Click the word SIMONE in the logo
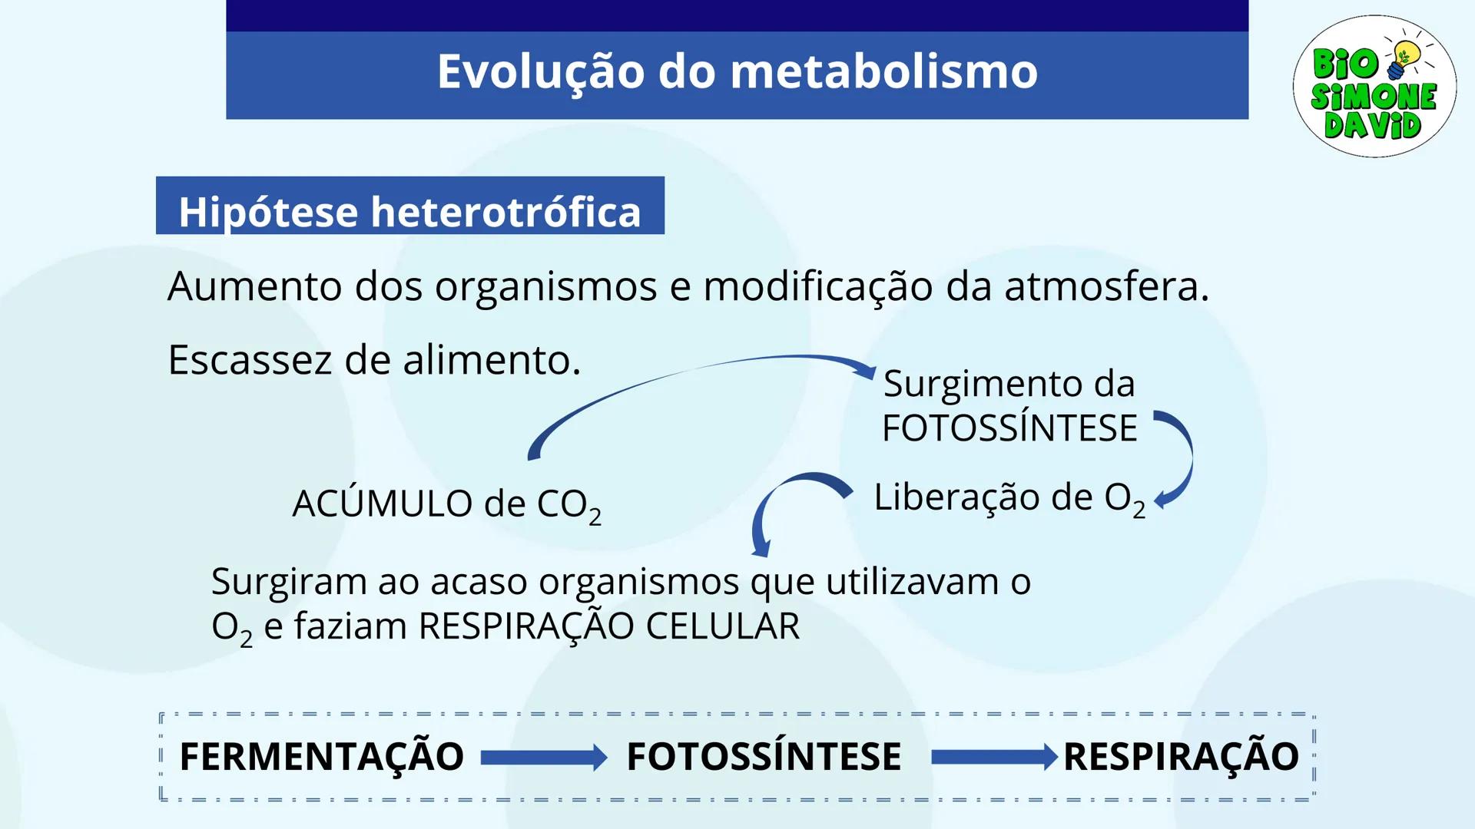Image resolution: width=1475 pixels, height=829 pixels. point(1374,97)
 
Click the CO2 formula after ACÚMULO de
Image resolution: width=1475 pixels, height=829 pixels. point(568,505)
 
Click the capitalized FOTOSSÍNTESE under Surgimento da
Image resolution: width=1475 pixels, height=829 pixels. point(1009,428)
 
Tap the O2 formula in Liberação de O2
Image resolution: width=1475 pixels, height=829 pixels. point(1125,498)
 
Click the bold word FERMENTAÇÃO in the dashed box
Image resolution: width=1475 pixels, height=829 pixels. point(321,757)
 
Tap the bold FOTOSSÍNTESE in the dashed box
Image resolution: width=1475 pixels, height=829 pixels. point(764,757)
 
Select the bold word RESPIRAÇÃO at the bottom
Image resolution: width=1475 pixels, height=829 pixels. point(1181,757)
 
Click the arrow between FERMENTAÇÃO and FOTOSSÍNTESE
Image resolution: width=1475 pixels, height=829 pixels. point(544,758)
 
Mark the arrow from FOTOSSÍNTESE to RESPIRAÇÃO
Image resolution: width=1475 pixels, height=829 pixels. point(994,758)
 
